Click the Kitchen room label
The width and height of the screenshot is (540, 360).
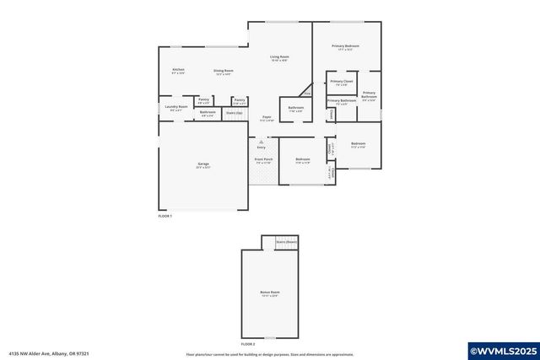178,70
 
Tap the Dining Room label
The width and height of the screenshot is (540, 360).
223,71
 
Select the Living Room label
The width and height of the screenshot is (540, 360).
279,57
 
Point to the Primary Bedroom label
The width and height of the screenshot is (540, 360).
346,46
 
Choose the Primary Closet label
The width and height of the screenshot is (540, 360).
342,82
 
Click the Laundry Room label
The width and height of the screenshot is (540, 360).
175,108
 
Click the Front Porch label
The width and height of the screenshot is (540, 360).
263,159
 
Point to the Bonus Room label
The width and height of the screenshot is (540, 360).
269,293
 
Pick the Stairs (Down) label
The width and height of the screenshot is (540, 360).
286,242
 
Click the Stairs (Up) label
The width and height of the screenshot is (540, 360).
234,112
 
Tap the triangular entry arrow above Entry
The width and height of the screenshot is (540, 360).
261,142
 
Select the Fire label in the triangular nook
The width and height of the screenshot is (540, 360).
307,93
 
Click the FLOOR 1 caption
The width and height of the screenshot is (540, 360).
165,216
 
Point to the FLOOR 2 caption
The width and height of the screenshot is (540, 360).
247,344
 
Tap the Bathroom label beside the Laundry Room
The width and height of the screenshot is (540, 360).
208,112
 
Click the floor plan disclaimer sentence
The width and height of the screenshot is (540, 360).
269,354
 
